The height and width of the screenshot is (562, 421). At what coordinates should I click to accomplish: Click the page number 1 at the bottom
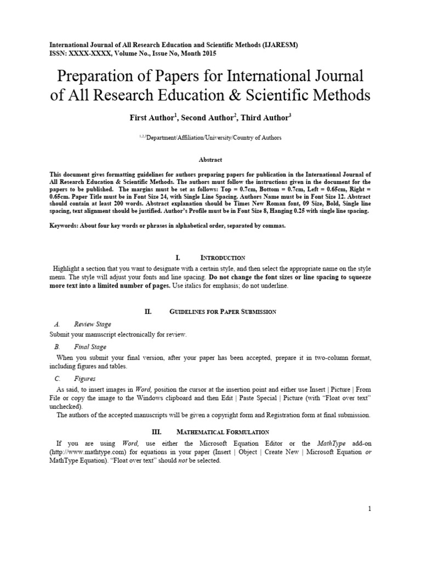tap(370, 509)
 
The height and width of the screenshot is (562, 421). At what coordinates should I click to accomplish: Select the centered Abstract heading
tap(210, 160)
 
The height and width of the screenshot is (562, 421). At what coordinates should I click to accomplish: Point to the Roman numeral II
tap(147, 312)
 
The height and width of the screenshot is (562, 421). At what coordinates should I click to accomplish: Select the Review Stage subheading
tap(93, 324)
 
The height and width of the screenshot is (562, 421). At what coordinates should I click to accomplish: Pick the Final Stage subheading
tap(90, 347)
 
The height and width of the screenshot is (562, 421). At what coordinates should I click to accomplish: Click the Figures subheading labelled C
tap(85, 379)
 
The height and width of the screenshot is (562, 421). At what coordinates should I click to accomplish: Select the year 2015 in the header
tap(208, 54)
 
